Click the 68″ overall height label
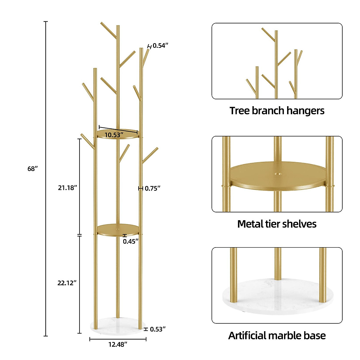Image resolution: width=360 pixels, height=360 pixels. (x=32, y=169)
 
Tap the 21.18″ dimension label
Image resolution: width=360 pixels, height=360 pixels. (x=67, y=188)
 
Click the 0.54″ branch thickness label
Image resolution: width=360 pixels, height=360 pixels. (x=160, y=46)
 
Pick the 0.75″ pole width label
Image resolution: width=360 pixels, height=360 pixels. (x=153, y=188)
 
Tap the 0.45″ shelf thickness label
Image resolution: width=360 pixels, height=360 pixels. (x=131, y=241)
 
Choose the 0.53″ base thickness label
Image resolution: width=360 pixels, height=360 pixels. (x=158, y=329)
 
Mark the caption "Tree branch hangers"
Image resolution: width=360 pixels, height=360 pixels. (x=277, y=111)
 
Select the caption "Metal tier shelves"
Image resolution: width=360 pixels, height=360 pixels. (x=277, y=224)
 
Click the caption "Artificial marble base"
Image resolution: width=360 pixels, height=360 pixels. (x=277, y=335)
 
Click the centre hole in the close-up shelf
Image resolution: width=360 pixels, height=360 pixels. (x=277, y=173)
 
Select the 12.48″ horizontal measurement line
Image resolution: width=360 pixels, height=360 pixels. (x=118, y=339)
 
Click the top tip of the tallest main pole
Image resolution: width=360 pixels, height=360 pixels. (x=118, y=26)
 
